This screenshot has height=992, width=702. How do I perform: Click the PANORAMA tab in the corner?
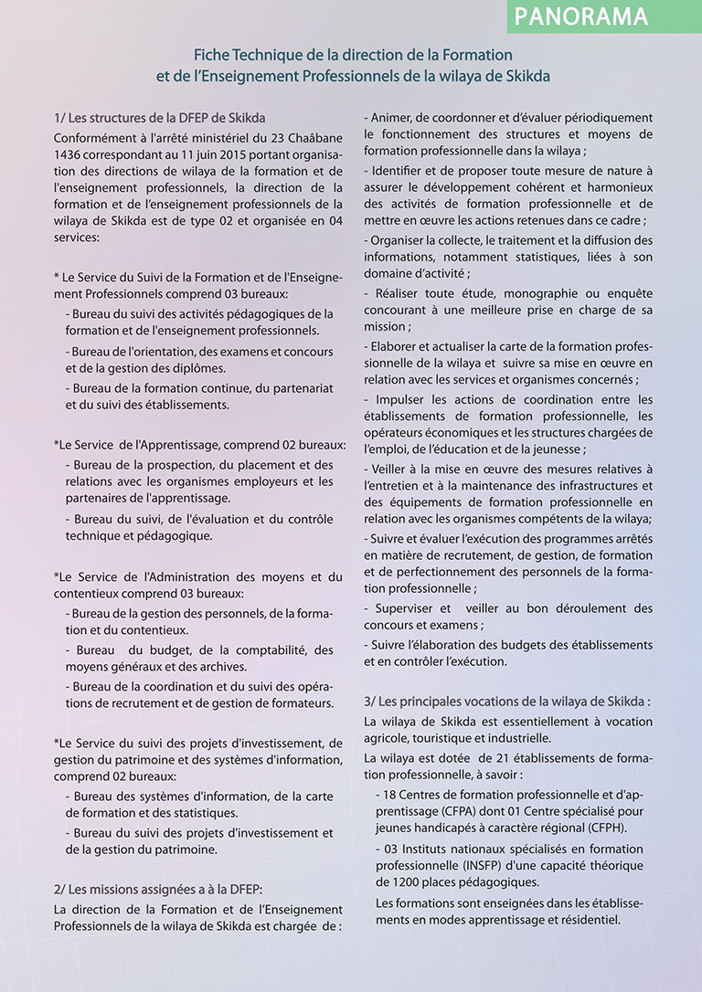coord(581,16)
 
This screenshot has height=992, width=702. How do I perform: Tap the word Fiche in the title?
coord(211,57)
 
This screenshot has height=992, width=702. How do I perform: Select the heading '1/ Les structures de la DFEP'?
coord(160,118)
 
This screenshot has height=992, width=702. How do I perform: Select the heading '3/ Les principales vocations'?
coord(506,702)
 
